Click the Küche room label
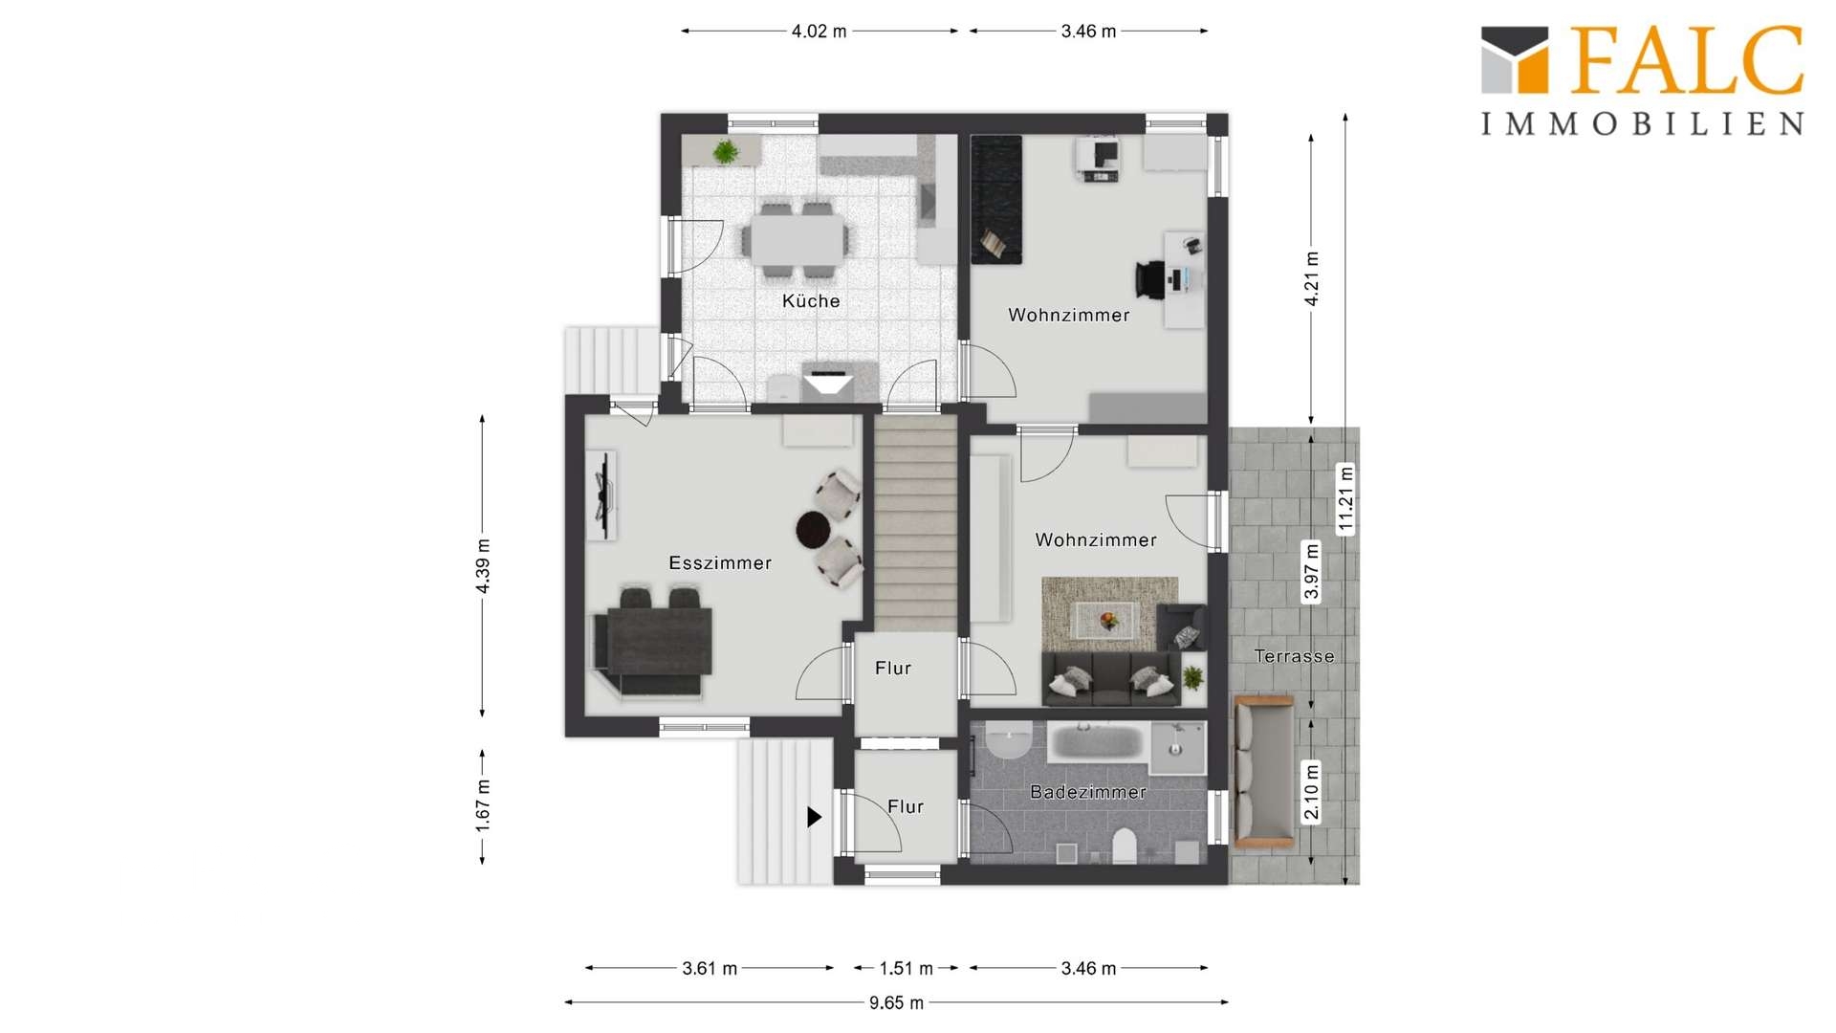(x=811, y=301)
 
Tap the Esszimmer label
(x=720, y=563)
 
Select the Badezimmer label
(x=1088, y=792)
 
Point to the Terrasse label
(x=1294, y=656)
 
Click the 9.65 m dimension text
(x=896, y=1003)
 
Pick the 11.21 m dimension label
(x=1346, y=498)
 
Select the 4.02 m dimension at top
(x=819, y=32)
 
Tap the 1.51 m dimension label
(x=906, y=969)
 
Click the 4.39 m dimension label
(x=483, y=566)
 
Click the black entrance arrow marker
(x=814, y=817)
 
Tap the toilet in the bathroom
(x=1125, y=845)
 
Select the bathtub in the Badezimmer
(x=1097, y=742)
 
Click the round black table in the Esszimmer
(x=815, y=530)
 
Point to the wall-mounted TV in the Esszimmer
(x=602, y=495)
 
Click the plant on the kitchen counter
(x=726, y=151)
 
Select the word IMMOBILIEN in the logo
(x=1643, y=123)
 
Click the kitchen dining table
(x=797, y=239)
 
